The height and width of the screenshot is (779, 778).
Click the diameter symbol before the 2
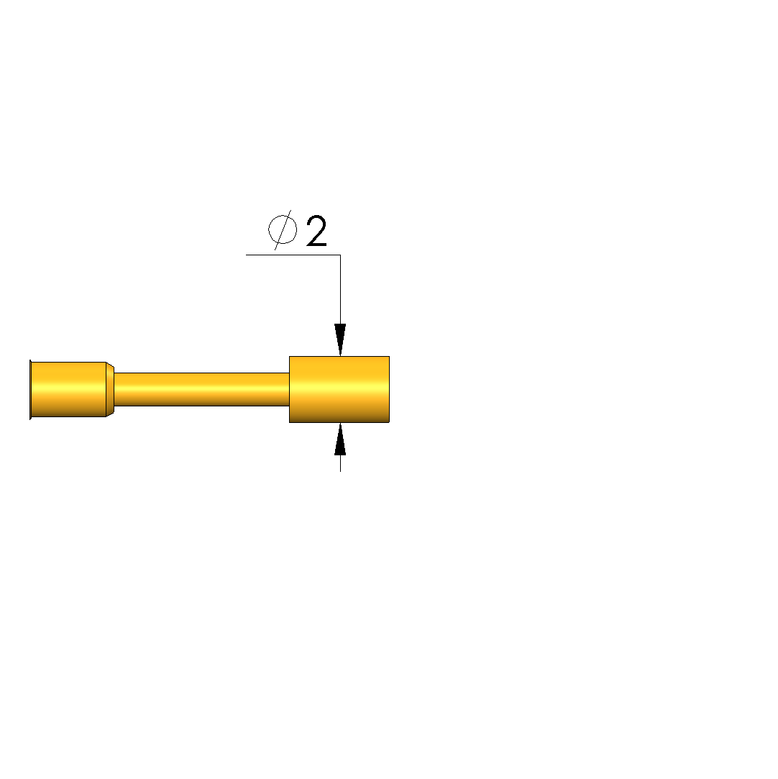(x=283, y=230)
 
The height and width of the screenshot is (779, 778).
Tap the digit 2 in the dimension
(x=317, y=230)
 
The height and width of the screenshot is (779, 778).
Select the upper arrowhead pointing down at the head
(x=340, y=340)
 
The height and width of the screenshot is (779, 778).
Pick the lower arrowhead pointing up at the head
(x=340, y=439)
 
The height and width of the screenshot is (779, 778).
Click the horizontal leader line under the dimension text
(x=293, y=255)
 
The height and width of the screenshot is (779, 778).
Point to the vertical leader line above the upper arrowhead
(x=340, y=290)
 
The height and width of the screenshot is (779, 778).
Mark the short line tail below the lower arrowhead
(x=340, y=463)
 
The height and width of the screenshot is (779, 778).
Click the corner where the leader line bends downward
(x=340, y=255)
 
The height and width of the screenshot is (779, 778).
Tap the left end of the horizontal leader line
(x=246, y=255)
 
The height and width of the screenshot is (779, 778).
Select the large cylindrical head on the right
(x=339, y=390)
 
